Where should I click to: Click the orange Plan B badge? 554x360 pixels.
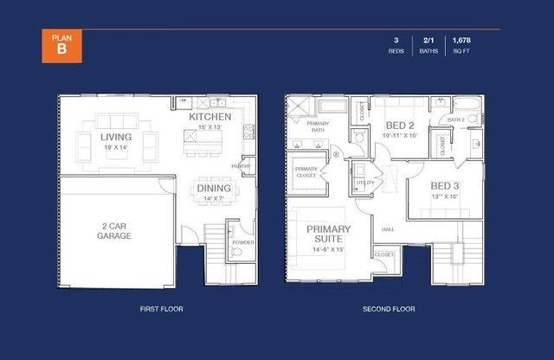61,46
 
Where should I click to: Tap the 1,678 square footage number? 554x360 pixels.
461,40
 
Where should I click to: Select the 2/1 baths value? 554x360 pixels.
428,40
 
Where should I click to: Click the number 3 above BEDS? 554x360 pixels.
396,40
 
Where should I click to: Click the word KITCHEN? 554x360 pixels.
210,116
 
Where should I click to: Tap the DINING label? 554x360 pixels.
213,188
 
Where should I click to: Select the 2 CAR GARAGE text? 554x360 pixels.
115,229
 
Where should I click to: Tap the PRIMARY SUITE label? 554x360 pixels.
328,235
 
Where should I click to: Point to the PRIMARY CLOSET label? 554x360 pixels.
306,172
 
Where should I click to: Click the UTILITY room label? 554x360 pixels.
364,183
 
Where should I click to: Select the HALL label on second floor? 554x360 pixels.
387,229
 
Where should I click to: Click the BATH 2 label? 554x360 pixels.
456,119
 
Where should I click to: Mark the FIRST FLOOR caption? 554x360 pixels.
161,309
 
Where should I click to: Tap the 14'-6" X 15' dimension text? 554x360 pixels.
328,250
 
